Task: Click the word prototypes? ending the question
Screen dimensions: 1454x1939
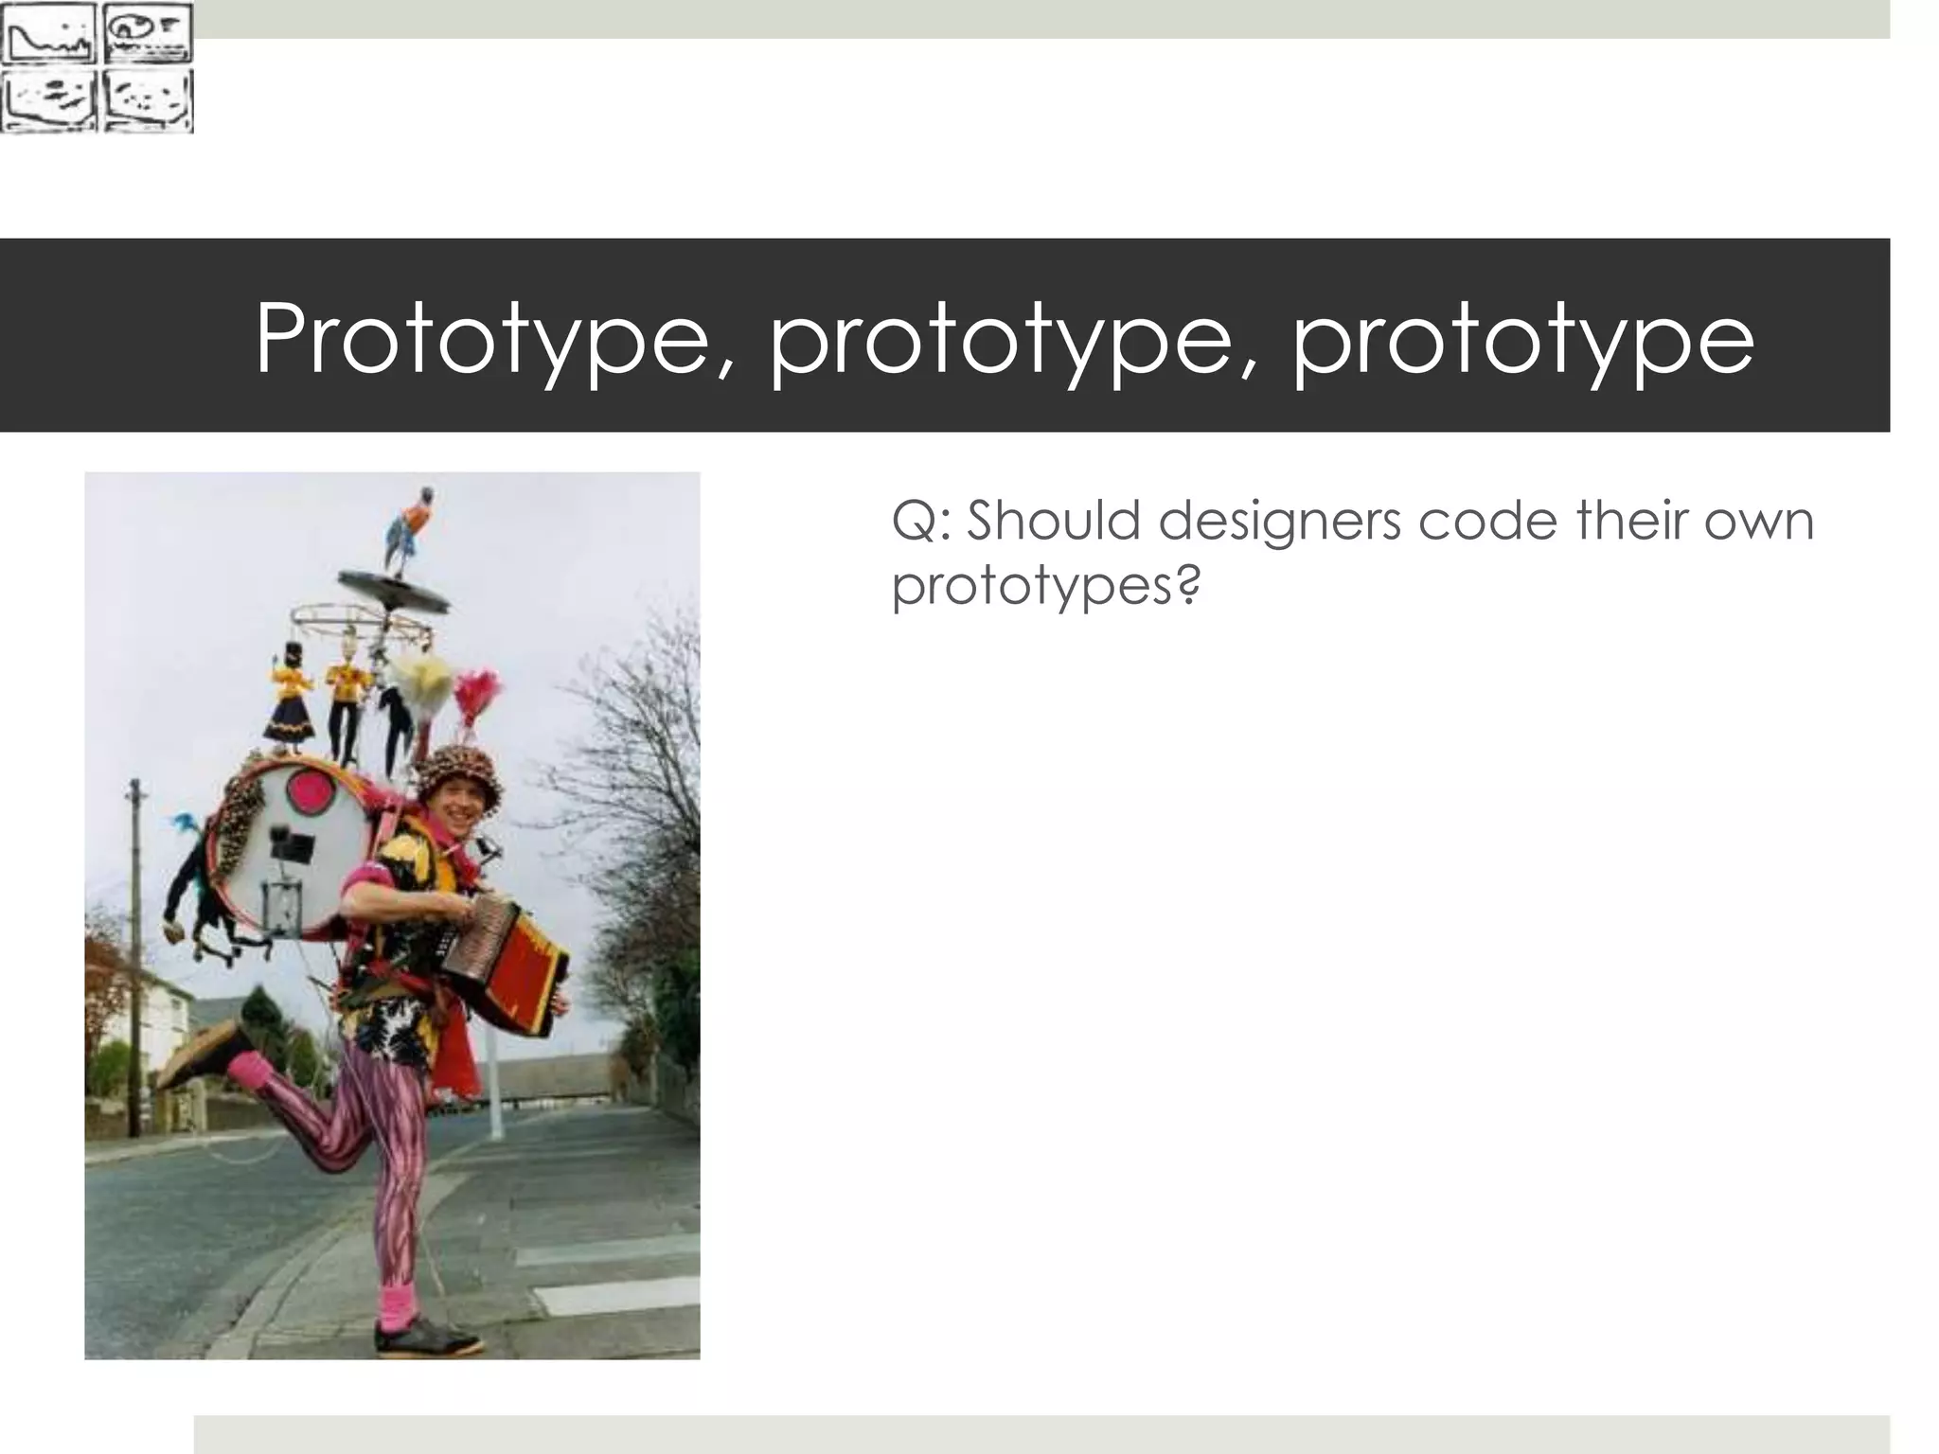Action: point(1046,587)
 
